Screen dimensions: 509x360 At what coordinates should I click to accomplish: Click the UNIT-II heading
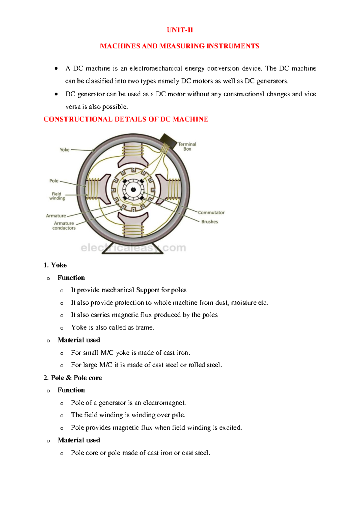[x=180, y=30]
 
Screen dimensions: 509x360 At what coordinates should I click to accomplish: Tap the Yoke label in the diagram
[x=64, y=150]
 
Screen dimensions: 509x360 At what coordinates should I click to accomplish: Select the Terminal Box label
[x=187, y=146]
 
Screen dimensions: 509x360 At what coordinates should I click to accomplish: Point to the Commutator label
[x=211, y=212]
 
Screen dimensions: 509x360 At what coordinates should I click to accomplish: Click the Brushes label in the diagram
[x=210, y=222]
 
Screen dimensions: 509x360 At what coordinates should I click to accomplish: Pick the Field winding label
[x=57, y=196]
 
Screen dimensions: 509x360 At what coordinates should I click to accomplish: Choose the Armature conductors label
[x=64, y=226]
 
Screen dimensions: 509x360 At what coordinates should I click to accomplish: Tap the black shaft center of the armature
[x=133, y=190]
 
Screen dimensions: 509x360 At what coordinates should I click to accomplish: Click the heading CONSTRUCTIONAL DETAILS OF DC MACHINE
[x=126, y=119]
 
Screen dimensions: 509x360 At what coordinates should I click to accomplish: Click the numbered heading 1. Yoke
[x=55, y=265]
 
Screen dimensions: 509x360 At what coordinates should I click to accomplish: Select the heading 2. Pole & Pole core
[x=73, y=378]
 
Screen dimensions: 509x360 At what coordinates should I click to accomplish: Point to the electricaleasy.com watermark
[x=133, y=248]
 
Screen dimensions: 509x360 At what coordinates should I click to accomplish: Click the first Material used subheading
[x=79, y=340]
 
